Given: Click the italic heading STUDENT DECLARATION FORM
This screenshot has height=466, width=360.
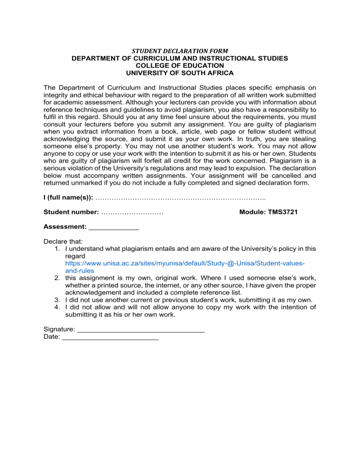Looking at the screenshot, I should pyautogui.click(x=180, y=51).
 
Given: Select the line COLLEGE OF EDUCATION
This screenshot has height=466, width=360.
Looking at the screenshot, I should pyautogui.click(x=180, y=66).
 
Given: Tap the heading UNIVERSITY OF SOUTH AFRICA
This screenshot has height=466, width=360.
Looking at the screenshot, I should pyautogui.click(x=180, y=73).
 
